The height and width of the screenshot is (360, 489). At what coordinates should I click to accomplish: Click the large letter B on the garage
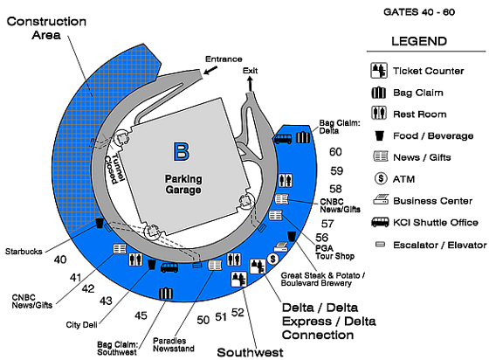(181, 152)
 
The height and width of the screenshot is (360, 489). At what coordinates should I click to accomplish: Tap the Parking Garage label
(183, 183)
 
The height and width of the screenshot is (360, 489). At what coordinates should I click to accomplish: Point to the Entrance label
(223, 59)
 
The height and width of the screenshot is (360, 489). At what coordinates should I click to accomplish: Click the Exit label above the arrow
(251, 70)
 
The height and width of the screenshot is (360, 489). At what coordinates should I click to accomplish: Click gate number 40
(60, 259)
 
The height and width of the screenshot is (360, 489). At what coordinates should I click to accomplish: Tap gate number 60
(335, 151)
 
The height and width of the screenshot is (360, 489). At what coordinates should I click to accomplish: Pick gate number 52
(238, 312)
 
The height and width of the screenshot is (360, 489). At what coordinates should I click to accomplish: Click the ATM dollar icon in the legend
(380, 178)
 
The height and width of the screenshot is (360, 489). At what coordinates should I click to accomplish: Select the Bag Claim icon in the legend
(380, 92)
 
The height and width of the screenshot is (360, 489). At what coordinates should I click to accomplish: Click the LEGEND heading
(419, 41)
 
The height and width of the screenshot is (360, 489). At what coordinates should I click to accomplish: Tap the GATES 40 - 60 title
(418, 12)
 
